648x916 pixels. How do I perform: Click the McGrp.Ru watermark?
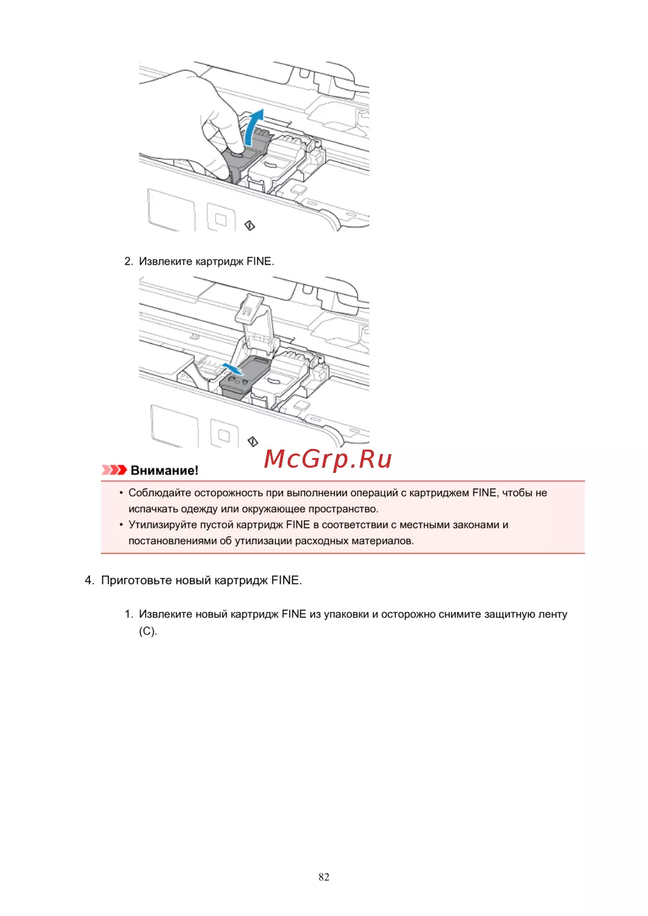(328, 459)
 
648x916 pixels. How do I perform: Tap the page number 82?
(324, 877)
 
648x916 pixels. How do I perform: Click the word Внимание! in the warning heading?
(165, 471)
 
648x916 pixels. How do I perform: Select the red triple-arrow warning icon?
(114, 470)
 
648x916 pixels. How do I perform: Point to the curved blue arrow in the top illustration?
(253, 126)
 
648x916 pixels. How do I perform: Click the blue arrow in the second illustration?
(233, 369)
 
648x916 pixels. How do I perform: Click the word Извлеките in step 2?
(165, 262)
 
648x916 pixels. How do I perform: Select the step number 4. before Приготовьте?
(89, 580)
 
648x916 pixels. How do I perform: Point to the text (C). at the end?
(148, 631)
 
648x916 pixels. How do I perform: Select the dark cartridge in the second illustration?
(245, 378)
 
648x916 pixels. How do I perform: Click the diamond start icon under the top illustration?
(249, 225)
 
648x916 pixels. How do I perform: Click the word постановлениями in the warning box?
(172, 541)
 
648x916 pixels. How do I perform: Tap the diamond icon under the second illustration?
(253, 441)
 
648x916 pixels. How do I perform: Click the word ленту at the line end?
(553, 614)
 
